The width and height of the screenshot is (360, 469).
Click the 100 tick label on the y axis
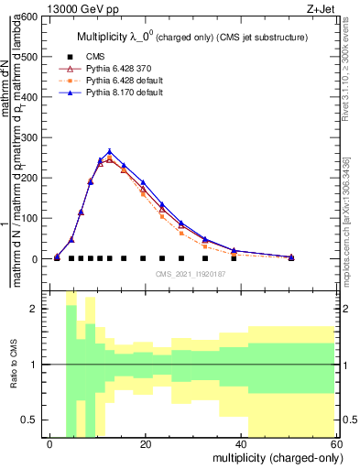[29, 218]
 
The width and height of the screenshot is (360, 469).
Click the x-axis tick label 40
[242, 443]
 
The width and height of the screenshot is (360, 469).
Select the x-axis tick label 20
[146, 443]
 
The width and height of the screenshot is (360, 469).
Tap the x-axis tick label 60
[337, 443]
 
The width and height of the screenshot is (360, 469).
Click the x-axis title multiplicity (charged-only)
[277, 457]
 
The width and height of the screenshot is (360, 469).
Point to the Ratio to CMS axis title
[13, 364]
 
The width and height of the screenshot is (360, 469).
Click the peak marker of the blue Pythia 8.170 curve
[110, 152]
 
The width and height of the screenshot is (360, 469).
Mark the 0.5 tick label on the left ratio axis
[30, 420]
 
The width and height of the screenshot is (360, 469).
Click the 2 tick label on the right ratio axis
[347, 309]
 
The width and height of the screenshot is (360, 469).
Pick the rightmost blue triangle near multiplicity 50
[291, 257]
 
